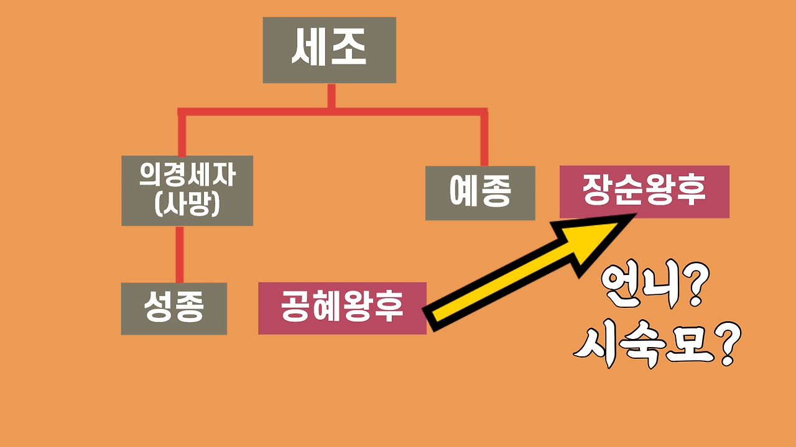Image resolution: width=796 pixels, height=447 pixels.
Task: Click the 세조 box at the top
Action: click(x=329, y=50)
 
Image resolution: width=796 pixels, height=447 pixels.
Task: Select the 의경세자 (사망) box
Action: click(x=187, y=191)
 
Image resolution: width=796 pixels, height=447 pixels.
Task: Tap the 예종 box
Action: click(x=479, y=193)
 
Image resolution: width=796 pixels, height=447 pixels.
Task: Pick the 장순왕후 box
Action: click(x=644, y=191)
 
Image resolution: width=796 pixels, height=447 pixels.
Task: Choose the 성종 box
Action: click(x=174, y=309)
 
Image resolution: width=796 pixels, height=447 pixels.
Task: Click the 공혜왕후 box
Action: click(x=342, y=308)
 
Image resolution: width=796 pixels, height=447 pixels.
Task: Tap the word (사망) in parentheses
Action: click(x=187, y=205)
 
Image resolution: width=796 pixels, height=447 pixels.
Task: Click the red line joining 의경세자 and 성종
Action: click(x=180, y=254)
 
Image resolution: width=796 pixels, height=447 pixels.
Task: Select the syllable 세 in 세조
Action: click(x=309, y=50)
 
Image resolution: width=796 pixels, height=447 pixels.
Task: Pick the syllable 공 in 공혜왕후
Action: click(x=295, y=308)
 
